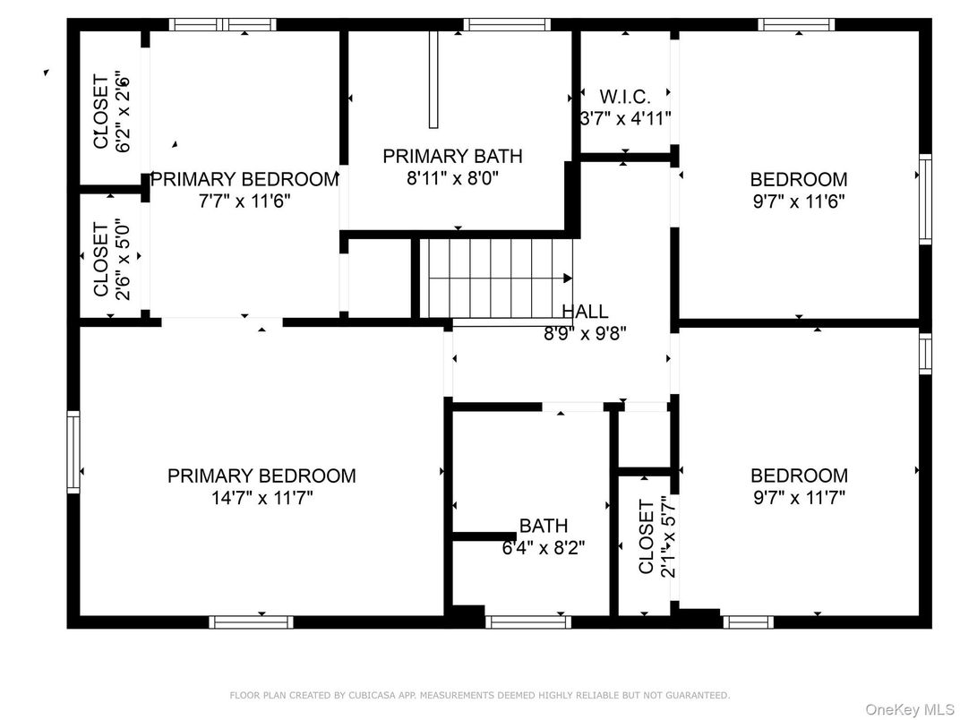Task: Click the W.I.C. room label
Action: [x=625, y=96]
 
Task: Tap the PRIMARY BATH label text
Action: [x=452, y=156]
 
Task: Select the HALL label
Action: [x=586, y=312]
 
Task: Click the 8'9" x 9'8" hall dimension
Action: [x=586, y=334]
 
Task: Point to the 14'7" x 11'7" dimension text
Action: [x=262, y=498]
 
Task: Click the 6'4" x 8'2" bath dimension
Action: [x=544, y=547]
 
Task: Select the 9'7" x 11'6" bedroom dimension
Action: [x=799, y=201]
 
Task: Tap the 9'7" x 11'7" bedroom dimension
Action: [x=799, y=497]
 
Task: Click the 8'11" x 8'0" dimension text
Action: [x=453, y=178]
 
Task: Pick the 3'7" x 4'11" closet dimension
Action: [x=625, y=118]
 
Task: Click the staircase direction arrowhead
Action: [x=568, y=279]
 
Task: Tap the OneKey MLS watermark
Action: [x=909, y=709]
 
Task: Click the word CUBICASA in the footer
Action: [x=370, y=695]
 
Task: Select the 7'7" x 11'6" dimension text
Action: [x=244, y=201]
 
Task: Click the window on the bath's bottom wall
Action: [x=528, y=622]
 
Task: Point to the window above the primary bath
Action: [x=507, y=24]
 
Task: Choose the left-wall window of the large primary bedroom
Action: [x=73, y=452]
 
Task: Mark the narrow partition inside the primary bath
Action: [x=433, y=80]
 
